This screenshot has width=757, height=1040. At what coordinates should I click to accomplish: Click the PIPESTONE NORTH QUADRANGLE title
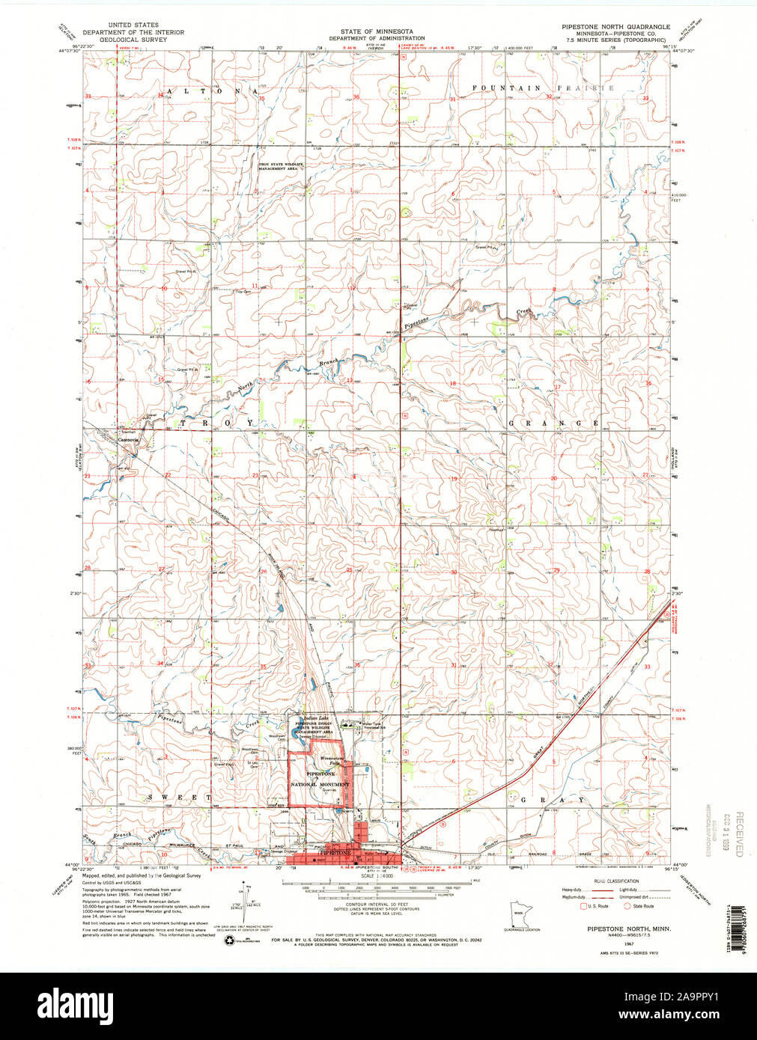point(615,26)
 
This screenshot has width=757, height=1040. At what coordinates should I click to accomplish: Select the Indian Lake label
point(308,718)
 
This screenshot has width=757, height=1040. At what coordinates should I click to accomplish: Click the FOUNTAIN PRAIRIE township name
point(543,88)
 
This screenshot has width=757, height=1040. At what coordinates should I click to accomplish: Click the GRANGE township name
point(554,423)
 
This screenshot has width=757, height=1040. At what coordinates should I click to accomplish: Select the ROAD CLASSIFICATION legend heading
point(616,881)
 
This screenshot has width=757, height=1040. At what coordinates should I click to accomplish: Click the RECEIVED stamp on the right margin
point(741,834)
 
